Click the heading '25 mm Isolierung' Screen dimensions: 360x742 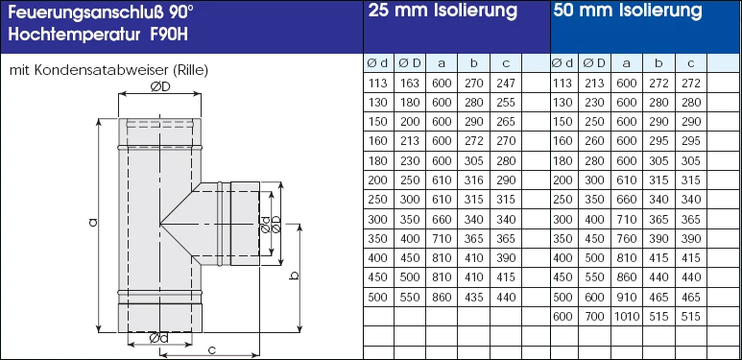pos(443,12)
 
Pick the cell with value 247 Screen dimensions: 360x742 pos(506,84)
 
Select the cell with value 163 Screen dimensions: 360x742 pos(410,84)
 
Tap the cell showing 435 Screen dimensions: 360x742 pos(473,298)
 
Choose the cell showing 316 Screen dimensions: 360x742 pos(473,180)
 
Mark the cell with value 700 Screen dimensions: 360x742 pos(595,316)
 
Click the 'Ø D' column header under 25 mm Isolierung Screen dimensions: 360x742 pos(410,63)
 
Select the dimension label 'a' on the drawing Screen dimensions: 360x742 pos(92,222)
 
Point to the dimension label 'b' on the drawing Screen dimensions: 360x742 pos(294,275)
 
